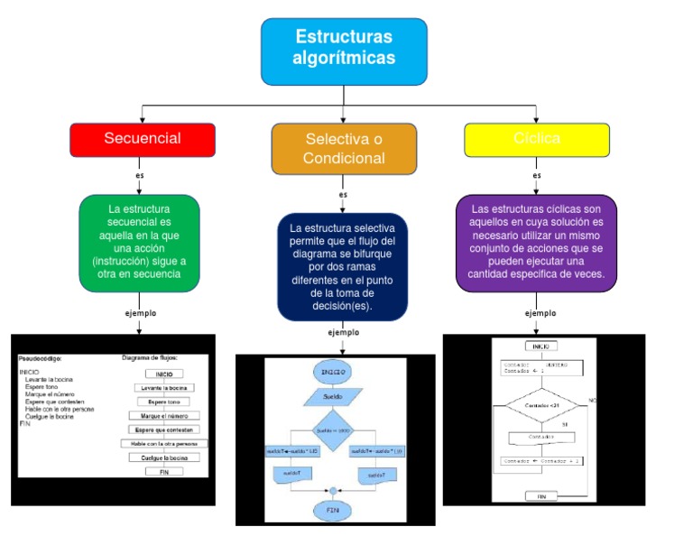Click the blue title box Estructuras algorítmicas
click(344, 51)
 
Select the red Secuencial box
click(143, 139)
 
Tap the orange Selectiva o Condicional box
click(344, 149)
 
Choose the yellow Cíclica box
click(537, 139)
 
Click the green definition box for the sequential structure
click(139, 243)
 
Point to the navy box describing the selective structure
click(343, 267)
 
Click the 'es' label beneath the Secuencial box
click(140, 175)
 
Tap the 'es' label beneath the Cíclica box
click(537, 175)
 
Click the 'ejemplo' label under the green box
click(140, 313)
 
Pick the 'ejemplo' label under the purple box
click(541, 313)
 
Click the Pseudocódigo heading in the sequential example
click(40, 358)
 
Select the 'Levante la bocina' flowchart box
click(163, 387)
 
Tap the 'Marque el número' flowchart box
click(163, 416)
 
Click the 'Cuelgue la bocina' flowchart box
click(163, 457)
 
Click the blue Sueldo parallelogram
click(333, 395)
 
